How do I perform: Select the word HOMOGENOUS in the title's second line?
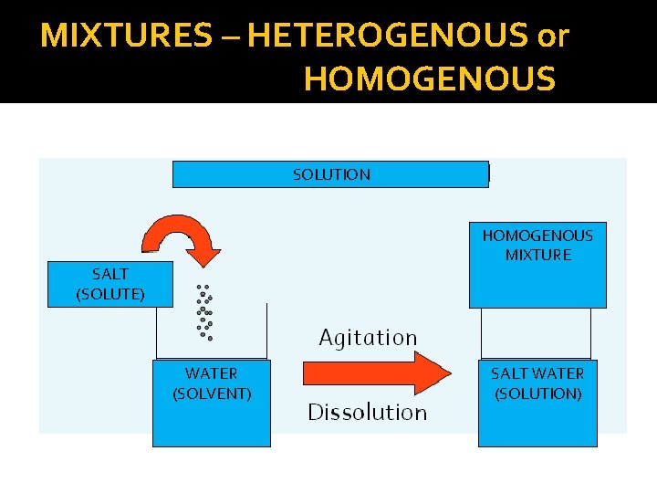coord(429,79)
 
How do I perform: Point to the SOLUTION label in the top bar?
coord(331,174)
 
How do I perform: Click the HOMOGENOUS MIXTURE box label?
coord(537,245)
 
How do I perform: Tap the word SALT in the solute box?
coord(110,273)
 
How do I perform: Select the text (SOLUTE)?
coord(110,293)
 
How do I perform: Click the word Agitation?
coord(368,338)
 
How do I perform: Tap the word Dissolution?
coord(367,413)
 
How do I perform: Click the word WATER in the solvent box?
coord(211,373)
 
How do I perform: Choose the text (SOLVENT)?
coord(212,393)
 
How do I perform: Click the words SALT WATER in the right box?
coord(537,373)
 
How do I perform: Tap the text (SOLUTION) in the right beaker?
coord(537,393)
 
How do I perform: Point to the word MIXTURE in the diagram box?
coord(538,255)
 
